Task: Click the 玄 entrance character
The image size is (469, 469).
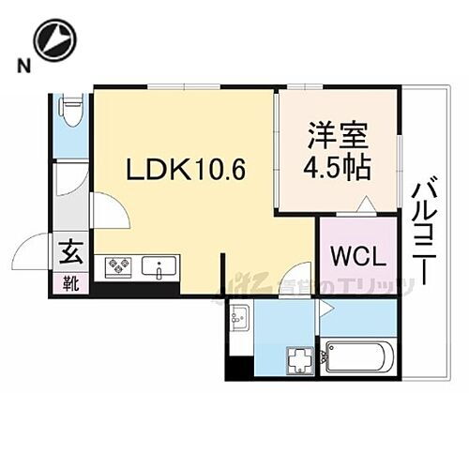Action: (x=71, y=251)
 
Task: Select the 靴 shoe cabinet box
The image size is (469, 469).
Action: (x=71, y=280)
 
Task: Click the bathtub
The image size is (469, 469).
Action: (x=360, y=357)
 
